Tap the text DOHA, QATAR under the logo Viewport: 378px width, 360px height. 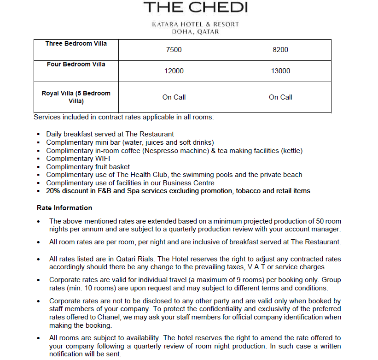(x=195, y=32)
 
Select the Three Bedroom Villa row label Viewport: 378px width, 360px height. (x=76, y=44)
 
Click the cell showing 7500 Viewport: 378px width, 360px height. (x=174, y=50)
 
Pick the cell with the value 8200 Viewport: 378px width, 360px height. (x=280, y=50)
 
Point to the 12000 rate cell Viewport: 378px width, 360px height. (x=174, y=71)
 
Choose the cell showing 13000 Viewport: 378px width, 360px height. (x=280, y=71)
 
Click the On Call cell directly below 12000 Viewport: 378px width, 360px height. (x=174, y=97)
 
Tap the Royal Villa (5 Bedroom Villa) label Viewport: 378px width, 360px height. (x=76, y=97)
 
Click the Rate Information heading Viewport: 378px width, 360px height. (x=64, y=208)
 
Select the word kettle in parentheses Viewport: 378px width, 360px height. (x=290, y=151)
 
